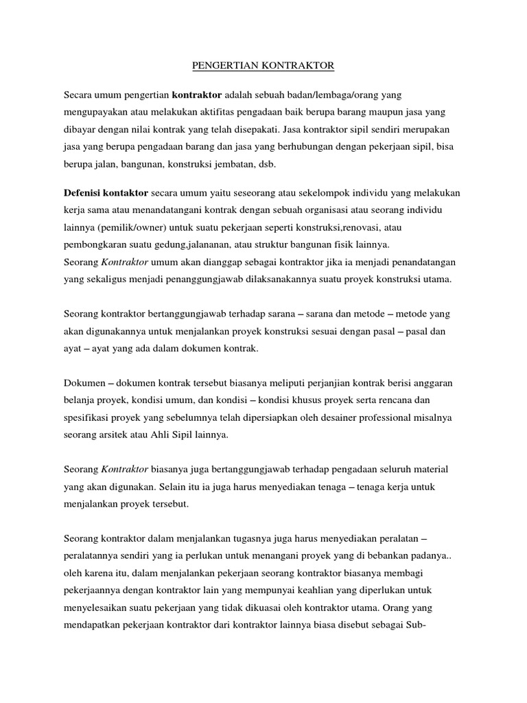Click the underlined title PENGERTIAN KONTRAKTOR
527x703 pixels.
point(261,66)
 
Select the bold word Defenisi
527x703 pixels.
point(85,194)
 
